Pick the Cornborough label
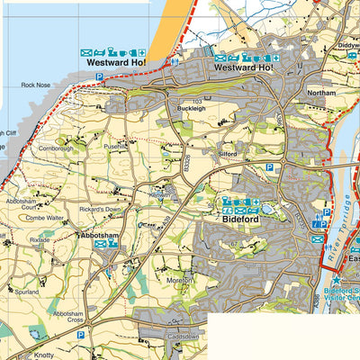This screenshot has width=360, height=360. click(x=56, y=148)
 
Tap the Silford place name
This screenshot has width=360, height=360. click(x=228, y=154)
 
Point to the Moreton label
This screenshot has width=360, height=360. click(x=181, y=281)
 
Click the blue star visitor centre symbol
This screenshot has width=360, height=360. click(x=336, y=282)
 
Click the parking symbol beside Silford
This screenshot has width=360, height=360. click(x=268, y=167)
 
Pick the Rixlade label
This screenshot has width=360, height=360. click(x=40, y=240)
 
